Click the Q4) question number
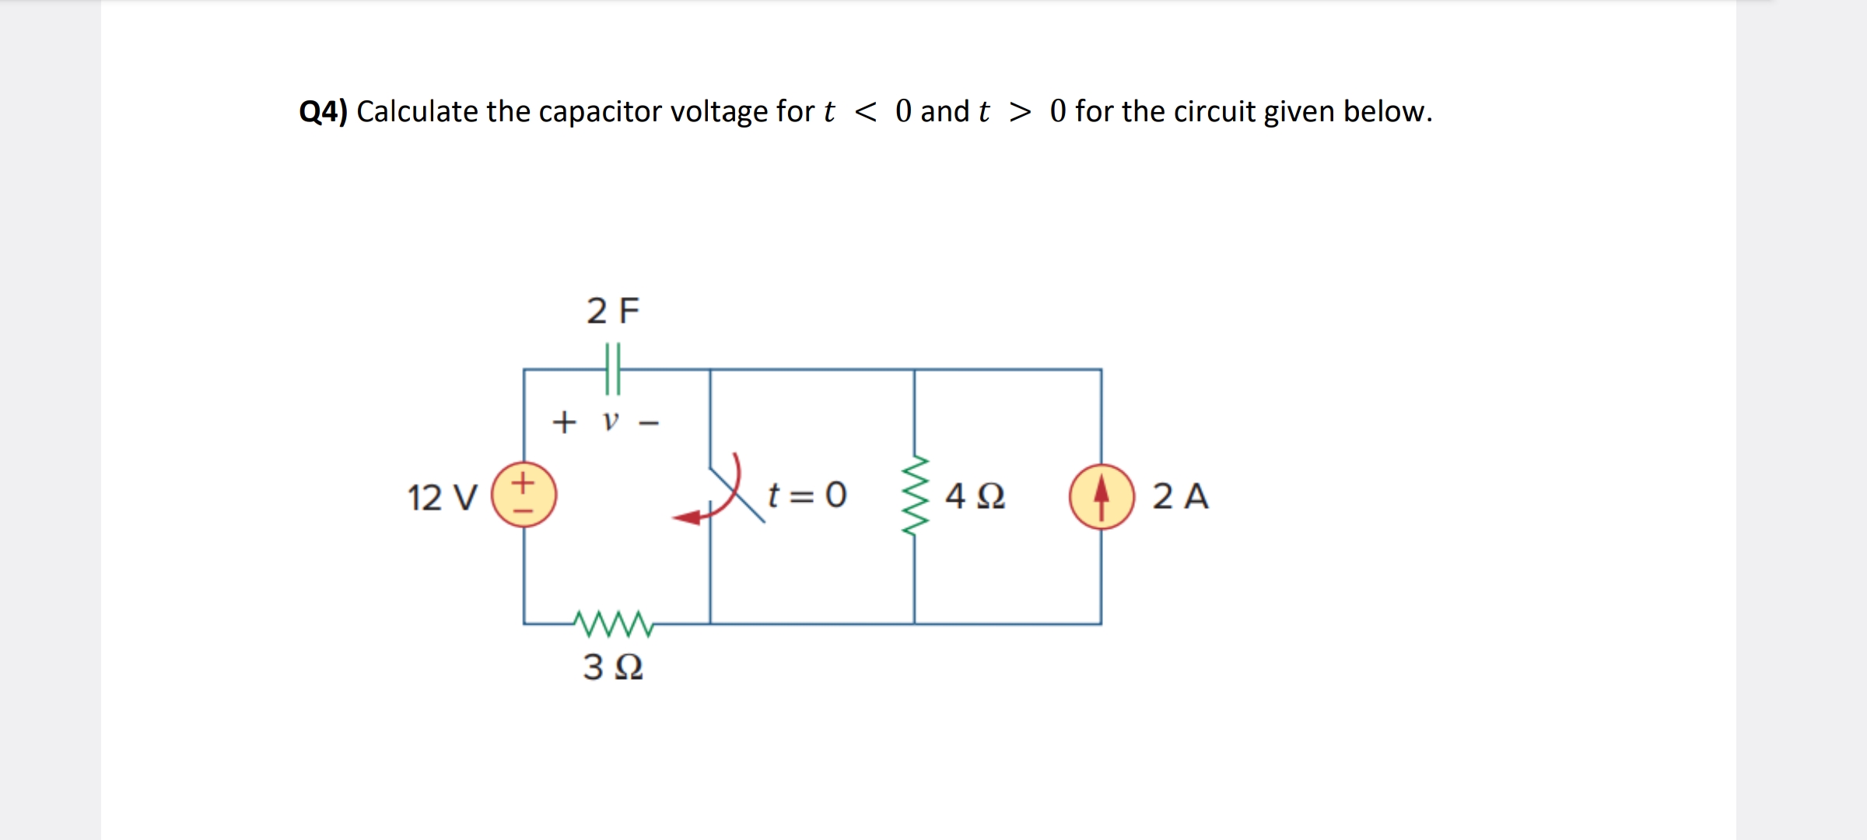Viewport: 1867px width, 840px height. [323, 112]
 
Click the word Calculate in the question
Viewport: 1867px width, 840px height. [417, 112]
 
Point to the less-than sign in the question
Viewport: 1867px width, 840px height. [865, 112]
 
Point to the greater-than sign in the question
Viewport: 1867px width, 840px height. [1020, 112]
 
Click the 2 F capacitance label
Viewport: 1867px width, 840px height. [612, 311]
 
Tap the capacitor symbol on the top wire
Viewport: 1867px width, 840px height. [613, 369]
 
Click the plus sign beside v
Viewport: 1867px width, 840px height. [564, 422]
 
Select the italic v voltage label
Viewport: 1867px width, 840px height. [611, 422]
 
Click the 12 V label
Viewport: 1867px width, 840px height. [442, 497]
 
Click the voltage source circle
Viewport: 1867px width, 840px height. [524, 495]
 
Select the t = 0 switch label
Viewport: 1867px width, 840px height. [807, 495]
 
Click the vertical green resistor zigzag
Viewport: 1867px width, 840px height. [916, 495]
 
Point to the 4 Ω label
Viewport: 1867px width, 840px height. [975, 495]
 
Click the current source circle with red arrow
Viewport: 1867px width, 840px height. [1101, 496]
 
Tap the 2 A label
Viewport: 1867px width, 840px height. [1180, 496]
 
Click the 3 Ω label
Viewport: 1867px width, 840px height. [613, 667]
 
